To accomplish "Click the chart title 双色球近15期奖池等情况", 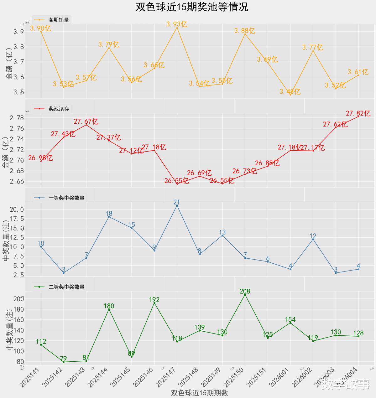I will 192,7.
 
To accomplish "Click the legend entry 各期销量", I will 59,20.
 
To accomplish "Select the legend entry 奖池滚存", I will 59,109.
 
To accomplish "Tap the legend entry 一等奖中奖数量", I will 66,198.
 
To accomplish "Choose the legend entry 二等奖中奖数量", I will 66,287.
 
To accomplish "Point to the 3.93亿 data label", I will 177,24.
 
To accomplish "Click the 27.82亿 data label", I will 358,113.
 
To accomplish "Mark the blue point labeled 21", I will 177,206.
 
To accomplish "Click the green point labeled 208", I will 245,295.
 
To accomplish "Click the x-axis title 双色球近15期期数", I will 199,393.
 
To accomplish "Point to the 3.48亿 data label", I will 290,92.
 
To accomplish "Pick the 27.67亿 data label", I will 86,121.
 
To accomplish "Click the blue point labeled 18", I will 109,217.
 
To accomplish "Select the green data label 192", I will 154,300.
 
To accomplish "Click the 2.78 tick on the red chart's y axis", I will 16,118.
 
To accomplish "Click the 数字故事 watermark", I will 345,384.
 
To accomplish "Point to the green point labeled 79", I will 64,362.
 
